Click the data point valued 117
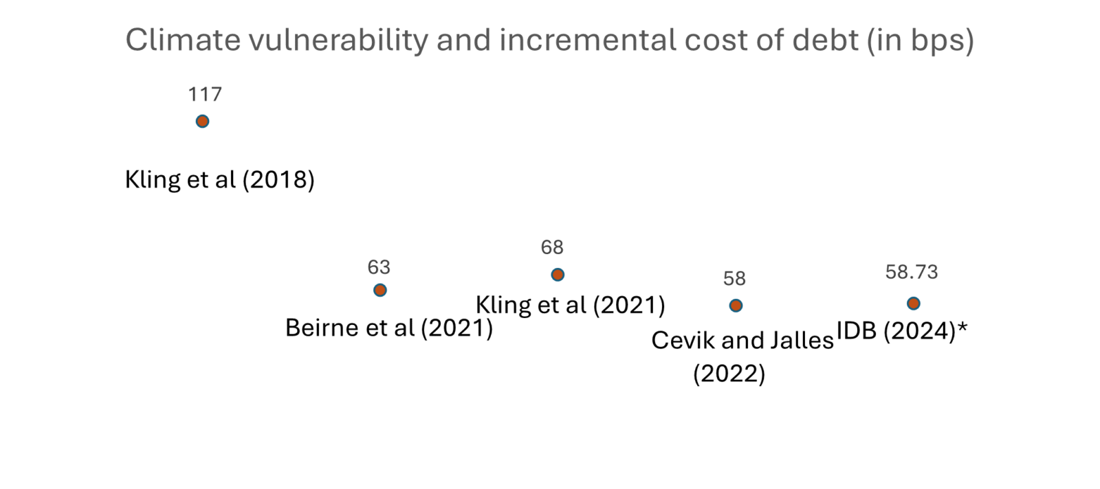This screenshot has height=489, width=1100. [202, 122]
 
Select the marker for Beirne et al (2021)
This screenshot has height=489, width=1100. [379, 290]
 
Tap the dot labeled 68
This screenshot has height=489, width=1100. [558, 275]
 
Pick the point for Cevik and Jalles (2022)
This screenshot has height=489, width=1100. [736, 306]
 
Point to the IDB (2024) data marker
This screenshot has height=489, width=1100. [913, 304]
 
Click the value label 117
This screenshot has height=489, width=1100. [205, 94]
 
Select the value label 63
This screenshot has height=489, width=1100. [379, 267]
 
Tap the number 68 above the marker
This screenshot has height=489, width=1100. [552, 247]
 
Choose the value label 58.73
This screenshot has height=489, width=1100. [911, 273]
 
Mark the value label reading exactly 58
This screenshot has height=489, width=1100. [734, 279]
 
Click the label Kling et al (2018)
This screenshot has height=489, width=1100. [219, 180]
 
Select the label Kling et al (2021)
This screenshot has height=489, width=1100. [570, 305]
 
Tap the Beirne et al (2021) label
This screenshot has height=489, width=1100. [388, 328]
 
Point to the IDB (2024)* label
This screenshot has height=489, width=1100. [901, 332]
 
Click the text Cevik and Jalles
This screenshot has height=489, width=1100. [742, 341]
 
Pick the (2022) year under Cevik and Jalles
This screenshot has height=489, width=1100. [729, 374]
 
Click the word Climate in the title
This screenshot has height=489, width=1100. [183, 41]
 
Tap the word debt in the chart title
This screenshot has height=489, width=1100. [825, 41]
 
